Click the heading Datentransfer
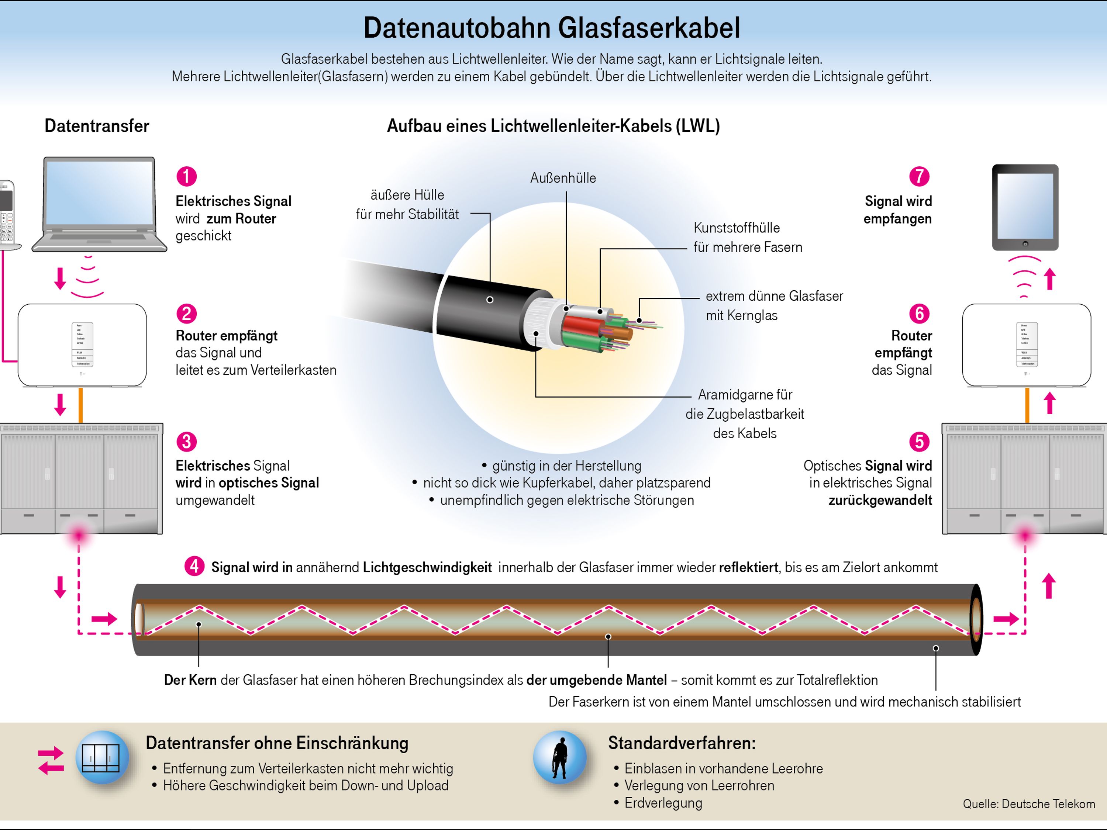[97, 125]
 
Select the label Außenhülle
[563, 178]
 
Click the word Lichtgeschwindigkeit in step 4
[427, 567]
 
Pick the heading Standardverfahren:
[682, 743]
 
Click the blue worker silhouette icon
[559, 757]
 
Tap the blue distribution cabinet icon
[102, 757]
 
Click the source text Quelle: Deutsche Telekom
[1028, 804]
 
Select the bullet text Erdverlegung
[663, 803]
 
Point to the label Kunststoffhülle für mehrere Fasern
[747, 238]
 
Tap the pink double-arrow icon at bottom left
[51, 760]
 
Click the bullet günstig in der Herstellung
[566, 466]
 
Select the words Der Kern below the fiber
[190, 680]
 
